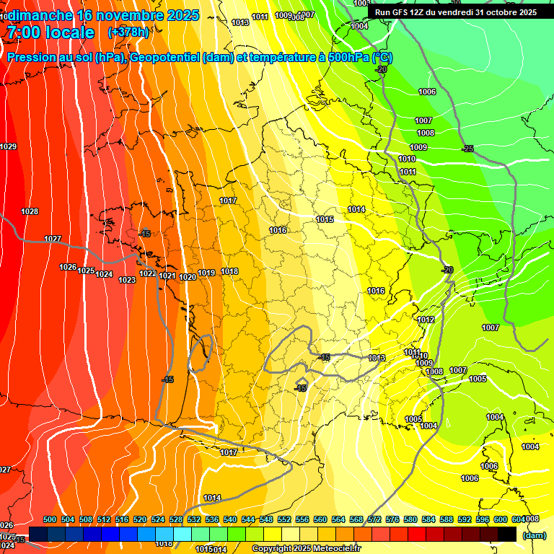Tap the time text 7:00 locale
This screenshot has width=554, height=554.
[50, 32]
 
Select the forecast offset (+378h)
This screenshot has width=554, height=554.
[128, 32]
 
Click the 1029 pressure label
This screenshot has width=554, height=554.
[8, 146]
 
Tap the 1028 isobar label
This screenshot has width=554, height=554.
[30, 211]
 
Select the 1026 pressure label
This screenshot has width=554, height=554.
[68, 267]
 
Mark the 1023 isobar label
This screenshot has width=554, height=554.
[127, 280]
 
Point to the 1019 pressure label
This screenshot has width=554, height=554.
[207, 273]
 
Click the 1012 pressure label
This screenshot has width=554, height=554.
[426, 320]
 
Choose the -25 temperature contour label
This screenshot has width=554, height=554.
[467, 149]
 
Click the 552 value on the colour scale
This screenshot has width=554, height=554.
[284, 519]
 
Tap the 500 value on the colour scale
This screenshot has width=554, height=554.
[50, 519]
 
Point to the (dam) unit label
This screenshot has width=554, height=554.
[535, 535]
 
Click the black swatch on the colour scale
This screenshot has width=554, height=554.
[507, 534]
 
